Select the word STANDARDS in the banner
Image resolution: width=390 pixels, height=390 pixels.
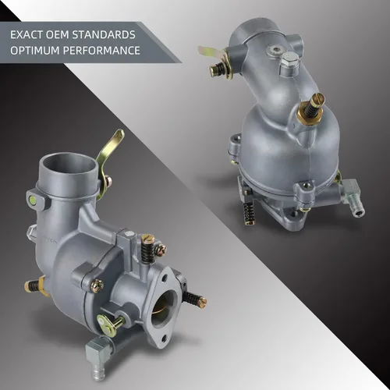pos(104,35)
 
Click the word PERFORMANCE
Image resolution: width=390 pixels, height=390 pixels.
pos(101,51)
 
